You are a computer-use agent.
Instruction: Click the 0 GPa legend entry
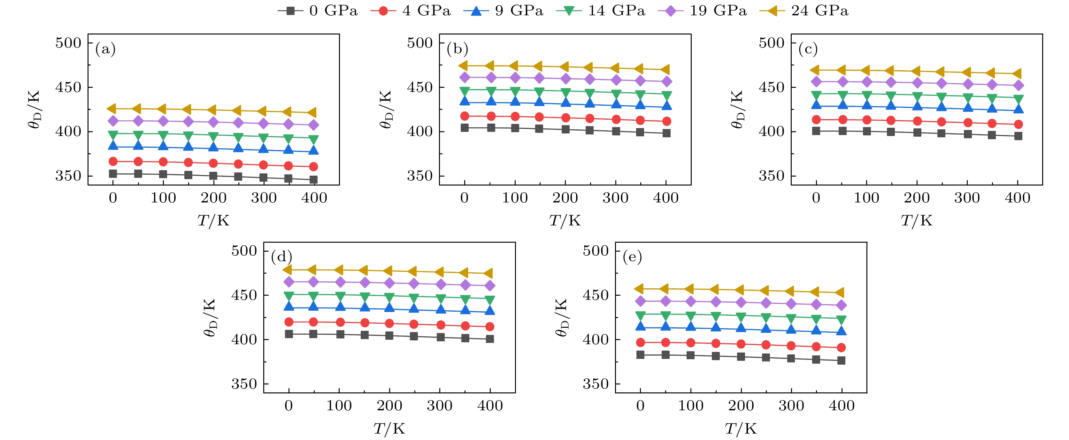[x=318, y=11]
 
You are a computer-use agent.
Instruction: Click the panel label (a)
[x=105, y=49]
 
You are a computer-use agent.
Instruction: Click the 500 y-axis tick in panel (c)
[x=772, y=43]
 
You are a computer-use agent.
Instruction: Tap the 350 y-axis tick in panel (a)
[x=68, y=176]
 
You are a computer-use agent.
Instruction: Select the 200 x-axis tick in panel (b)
[x=565, y=198]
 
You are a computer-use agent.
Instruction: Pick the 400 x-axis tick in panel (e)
[x=842, y=406]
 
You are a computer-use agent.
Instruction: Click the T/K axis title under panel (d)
[x=389, y=429]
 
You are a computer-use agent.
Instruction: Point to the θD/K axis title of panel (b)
[x=386, y=110]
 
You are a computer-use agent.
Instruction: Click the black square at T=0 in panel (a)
[x=113, y=174]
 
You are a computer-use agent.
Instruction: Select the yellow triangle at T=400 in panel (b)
[x=665, y=70]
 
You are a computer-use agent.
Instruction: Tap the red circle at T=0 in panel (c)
[x=816, y=120]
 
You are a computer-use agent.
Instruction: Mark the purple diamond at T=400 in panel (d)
[x=490, y=286]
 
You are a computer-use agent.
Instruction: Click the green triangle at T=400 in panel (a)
[x=314, y=139]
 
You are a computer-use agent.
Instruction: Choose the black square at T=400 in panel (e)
[x=842, y=360]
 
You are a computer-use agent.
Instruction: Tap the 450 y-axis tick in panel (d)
[x=244, y=295]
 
